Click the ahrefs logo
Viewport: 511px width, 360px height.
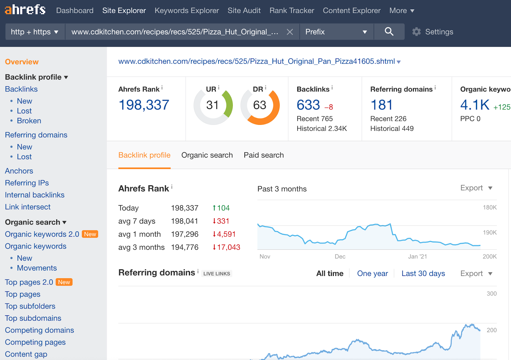point(25,10)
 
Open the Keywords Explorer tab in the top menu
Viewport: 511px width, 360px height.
point(187,11)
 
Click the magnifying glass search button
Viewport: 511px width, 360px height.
point(389,32)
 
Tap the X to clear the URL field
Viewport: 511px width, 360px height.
point(290,32)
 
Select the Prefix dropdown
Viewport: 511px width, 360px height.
point(336,32)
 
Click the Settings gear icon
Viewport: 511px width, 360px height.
point(416,32)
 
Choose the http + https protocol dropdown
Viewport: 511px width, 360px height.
point(34,32)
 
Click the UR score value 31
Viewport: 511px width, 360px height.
point(212,105)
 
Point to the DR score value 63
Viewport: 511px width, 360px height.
point(260,105)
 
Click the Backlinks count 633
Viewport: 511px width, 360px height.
point(308,105)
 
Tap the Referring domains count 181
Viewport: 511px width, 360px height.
point(381,105)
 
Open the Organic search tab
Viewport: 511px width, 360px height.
point(207,155)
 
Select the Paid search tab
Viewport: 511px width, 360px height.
point(263,155)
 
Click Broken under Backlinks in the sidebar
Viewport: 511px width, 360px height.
point(29,121)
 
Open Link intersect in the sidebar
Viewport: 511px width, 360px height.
point(28,207)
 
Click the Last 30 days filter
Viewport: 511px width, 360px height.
point(423,273)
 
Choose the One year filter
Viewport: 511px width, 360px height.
point(372,273)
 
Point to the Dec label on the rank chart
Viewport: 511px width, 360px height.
point(340,257)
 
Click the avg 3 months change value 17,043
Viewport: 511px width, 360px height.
point(228,247)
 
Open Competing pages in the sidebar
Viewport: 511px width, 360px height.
point(35,342)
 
